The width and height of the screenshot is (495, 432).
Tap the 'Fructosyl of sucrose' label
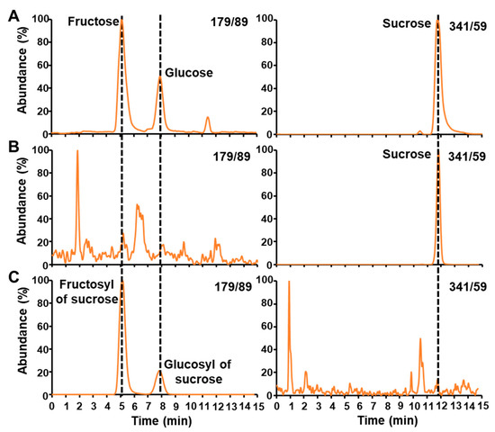(87, 292)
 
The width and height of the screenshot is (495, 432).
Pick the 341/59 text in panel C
(465, 287)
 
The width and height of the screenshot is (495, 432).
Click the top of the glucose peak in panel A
(160, 77)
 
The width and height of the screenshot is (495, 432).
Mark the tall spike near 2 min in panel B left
(77, 151)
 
